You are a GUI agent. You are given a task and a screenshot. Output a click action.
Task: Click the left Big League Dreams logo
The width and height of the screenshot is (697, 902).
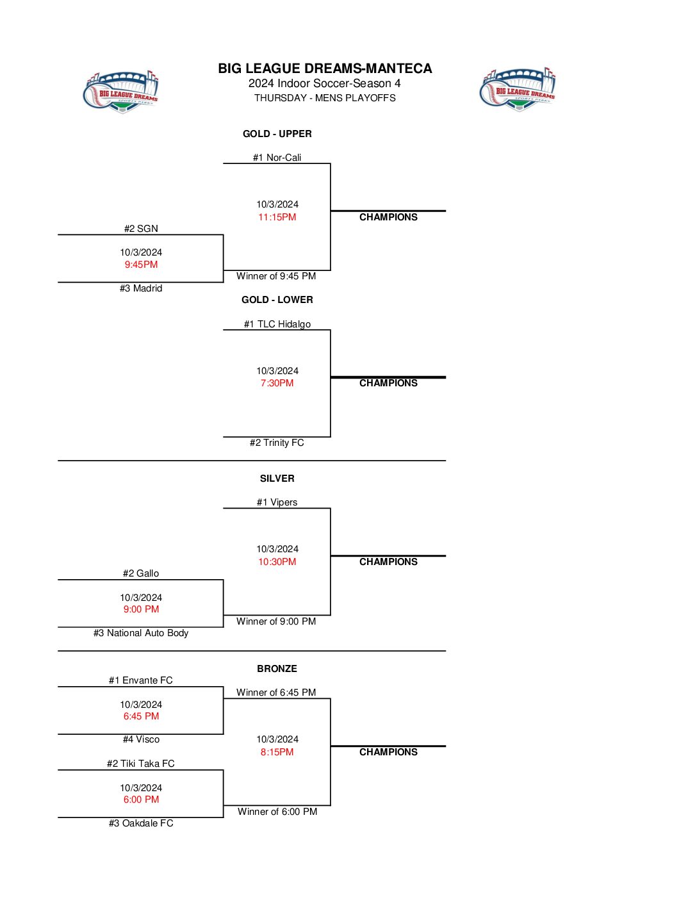tap(120, 92)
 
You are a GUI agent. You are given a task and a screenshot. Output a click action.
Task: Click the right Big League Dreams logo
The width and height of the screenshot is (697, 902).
tap(517, 89)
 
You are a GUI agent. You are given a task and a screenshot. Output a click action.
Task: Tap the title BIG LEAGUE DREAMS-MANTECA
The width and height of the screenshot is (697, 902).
tap(325, 69)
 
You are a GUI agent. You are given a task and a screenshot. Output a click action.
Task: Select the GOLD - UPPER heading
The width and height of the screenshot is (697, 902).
tap(277, 134)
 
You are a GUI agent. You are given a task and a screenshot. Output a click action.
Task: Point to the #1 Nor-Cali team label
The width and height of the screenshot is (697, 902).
tap(277, 158)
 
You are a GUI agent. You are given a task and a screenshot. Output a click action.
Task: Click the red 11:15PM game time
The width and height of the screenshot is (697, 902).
tap(277, 217)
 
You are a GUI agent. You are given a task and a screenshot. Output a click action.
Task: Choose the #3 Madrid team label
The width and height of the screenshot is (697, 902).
tap(141, 288)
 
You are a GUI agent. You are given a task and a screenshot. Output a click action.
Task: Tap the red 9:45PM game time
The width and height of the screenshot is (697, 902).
tap(141, 265)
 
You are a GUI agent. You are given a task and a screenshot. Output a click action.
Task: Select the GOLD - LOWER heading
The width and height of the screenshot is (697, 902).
tap(277, 300)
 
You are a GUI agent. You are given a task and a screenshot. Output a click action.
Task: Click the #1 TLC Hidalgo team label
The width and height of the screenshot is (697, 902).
tap(277, 324)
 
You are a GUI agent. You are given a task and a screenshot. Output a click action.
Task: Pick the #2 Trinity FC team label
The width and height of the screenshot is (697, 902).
tap(277, 443)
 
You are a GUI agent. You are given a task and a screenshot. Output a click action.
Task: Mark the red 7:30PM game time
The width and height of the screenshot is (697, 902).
tap(277, 383)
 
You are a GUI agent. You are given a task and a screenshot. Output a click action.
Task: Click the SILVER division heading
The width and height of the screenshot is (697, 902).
tap(277, 479)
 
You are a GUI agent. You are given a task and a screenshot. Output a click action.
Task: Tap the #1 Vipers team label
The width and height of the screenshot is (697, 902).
tap(277, 502)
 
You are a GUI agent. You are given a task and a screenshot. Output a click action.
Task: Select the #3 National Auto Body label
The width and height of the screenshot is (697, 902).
tap(141, 633)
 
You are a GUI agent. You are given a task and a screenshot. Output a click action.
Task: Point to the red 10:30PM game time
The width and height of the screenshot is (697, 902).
tap(277, 562)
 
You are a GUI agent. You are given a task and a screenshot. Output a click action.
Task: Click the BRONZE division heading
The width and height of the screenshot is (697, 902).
tap(277, 669)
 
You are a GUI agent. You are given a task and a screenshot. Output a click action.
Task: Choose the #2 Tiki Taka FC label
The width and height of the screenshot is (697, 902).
tap(141, 764)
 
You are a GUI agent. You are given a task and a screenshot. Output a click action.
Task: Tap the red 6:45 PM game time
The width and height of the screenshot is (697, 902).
tap(141, 716)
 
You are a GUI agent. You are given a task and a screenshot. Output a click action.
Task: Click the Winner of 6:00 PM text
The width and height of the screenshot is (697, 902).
tap(277, 812)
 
